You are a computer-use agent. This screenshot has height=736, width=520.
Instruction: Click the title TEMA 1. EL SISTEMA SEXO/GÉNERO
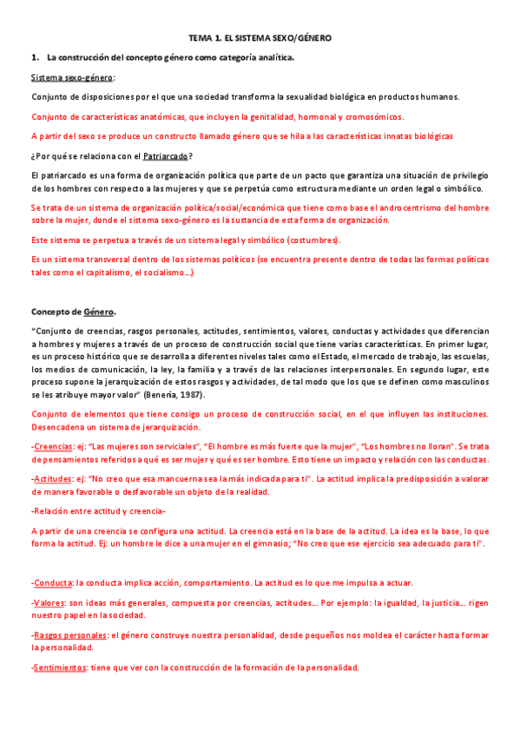[260, 38]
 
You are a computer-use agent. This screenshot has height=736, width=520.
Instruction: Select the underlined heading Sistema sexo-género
[73, 77]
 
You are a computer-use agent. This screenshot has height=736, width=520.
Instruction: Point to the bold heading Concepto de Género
[74, 312]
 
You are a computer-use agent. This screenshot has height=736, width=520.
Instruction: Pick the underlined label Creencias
[52, 446]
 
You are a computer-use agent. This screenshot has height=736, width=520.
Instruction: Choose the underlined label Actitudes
[51, 478]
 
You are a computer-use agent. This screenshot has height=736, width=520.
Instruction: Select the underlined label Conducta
[51, 582]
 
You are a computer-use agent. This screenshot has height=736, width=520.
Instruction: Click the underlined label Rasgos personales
[69, 634]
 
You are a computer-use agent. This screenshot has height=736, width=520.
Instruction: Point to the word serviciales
[166, 446]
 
